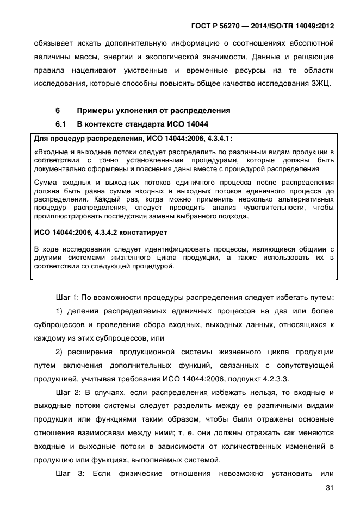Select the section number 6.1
(x=61, y=124)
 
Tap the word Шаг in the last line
(x=64, y=474)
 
